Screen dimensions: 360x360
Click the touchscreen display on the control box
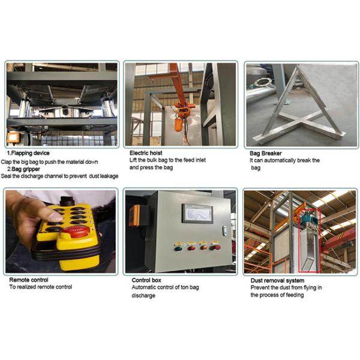pyautogui.click(x=197, y=213)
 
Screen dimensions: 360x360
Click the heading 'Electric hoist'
pyautogui.click(x=146, y=154)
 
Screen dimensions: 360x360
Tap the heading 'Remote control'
pyautogui.click(x=29, y=280)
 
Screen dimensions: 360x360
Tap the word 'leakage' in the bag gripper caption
pyautogui.click(x=106, y=176)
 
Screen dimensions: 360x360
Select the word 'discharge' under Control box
pyautogui.click(x=143, y=295)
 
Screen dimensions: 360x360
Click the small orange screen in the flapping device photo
pyautogui.click(x=13, y=138)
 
